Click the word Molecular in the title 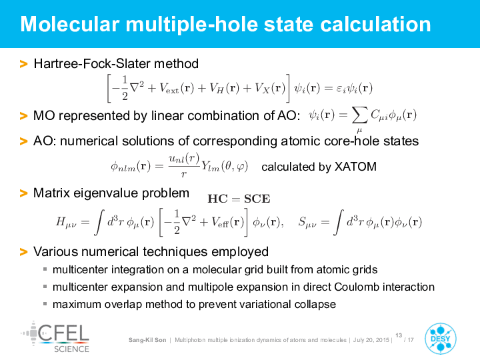[x=70, y=25]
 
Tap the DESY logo [x=441, y=339]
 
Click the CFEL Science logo [x=55, y=337]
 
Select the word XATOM [x=355, y=167]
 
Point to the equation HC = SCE [x=239, y=199]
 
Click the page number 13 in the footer [x=399, y=335]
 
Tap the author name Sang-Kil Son [x=147, y=340]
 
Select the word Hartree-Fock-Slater [x=92, y=64]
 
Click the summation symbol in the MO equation [x=359, y=116]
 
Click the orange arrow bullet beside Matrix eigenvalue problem [x=23, y=193]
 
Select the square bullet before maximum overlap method [x=45, y=304]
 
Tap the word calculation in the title [x=375, y=25]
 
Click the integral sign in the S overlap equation [x=338, y=222]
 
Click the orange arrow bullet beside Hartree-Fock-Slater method [x=23, y=64]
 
